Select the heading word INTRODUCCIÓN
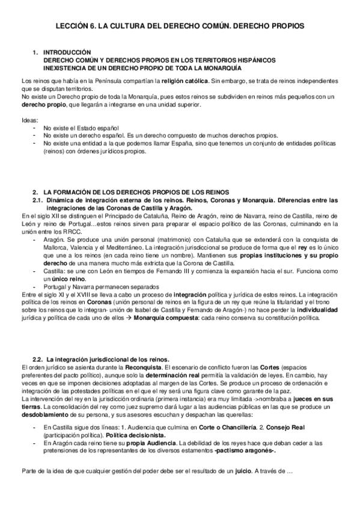(67, 53)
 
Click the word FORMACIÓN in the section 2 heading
(76, 192)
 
